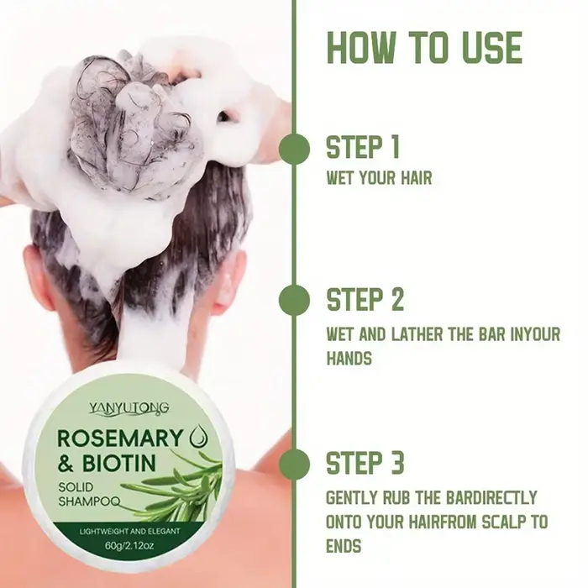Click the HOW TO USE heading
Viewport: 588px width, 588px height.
pos(424,48)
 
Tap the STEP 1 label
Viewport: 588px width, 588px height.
pos(363,147)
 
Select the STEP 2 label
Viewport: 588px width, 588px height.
pos(365,299)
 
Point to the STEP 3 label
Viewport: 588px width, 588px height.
pos(365,463)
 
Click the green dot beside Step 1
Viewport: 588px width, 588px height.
pos(294,149)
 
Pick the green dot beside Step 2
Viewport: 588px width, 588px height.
pos(294,301)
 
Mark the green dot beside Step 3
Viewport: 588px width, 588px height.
pos(294,464)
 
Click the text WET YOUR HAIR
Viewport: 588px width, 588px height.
pos(379,178)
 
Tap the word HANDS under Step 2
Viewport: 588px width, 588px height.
pos(349,358)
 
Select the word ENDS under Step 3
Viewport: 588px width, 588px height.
pos(344,546)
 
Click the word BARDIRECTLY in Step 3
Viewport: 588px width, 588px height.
pos(492,497)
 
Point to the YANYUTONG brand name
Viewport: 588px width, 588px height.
pos(129,407)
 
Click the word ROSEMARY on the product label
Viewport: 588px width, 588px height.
pos(120,438)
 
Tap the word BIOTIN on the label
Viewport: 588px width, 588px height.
pos(118,464)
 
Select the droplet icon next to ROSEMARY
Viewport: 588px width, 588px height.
pos(200,438)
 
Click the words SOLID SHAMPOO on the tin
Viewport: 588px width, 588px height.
pos(89,494)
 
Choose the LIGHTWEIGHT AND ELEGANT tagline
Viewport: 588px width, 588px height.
pos(129,532)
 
